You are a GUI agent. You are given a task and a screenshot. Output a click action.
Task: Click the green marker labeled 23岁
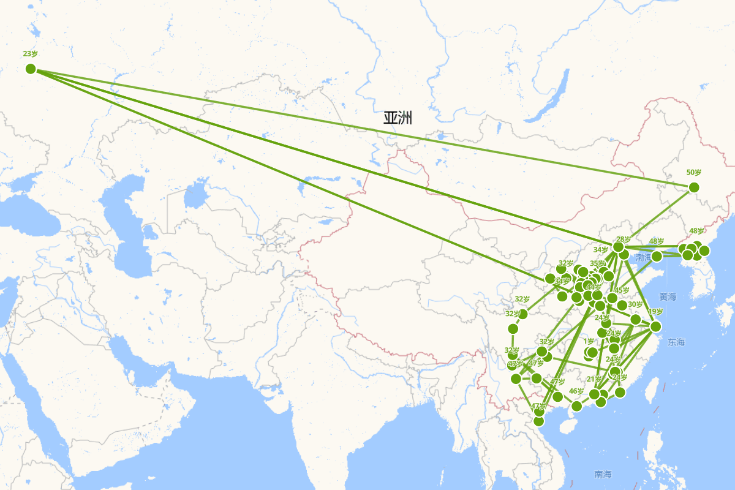click(x=31, y=69)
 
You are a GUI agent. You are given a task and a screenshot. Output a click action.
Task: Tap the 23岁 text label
click(x=31, y=54)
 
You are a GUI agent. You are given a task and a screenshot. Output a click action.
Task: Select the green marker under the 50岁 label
click(x=693, y=187)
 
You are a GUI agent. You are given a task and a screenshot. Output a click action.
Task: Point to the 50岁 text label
click(x=694, y=173)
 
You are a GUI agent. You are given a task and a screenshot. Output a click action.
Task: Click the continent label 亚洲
click(x=398, y=118)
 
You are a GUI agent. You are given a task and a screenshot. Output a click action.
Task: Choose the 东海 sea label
click(x=677, y=341)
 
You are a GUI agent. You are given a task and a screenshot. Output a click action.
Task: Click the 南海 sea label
click(x=603, y=474)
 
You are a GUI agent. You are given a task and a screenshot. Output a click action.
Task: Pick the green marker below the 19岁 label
click(x=655, y=326)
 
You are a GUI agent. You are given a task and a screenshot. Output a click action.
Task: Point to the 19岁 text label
click(x=655, y=312)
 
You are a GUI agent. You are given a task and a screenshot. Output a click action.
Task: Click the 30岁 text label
click(x=635, y=304)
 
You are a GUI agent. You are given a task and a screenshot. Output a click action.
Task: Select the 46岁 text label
click(x=576, y=391)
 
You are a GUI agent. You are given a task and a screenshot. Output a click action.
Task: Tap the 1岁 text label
click(x=589, y=342)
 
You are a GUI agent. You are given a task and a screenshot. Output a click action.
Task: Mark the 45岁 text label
click(x=622, y=290)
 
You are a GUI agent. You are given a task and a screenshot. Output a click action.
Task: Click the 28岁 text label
click(x=624, y=239)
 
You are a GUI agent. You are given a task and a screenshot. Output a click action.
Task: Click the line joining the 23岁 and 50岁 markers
click(x=361, y=128)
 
